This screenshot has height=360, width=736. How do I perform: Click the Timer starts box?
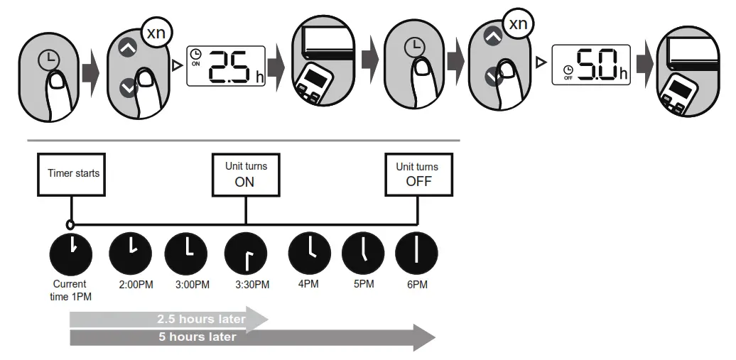point(75,173)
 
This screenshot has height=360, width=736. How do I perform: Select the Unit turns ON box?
point(246,173)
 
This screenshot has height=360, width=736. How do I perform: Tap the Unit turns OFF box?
point(417,173)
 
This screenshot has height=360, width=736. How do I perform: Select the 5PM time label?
point(363,285)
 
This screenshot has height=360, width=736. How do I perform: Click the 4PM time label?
point(308,285)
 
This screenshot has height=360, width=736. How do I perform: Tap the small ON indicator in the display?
point(195,62)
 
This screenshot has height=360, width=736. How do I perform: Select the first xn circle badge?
point(156,33)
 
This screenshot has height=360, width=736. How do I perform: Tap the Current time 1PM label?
point(70,290)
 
